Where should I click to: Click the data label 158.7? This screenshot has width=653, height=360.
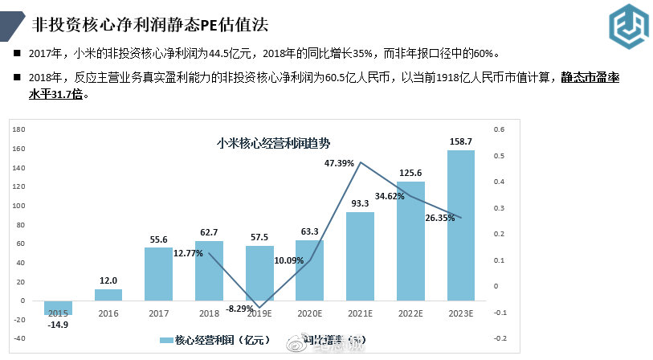point(461,141)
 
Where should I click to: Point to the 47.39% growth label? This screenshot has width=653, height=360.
point(340,163)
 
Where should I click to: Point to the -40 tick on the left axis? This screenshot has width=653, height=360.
point(19,338)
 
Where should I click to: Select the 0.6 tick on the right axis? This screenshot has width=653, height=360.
point(500,129)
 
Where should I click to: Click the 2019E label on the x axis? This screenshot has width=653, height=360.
point(259,314)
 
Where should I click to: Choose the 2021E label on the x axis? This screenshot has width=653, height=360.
point(361,314)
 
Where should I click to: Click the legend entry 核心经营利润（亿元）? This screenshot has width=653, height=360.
point(214,340)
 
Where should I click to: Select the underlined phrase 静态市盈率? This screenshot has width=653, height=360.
point(590,77)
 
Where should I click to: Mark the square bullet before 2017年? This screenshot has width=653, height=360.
point(17,54)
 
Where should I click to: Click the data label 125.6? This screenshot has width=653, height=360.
point(411,173)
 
